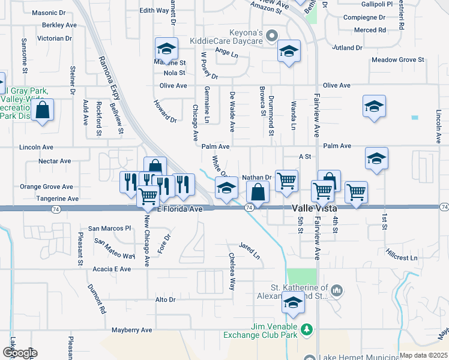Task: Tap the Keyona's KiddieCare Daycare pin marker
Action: [272, 35]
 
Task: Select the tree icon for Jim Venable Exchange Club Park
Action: [307, 329]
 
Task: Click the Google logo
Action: [20, 353]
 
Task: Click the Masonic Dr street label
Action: [48, 12]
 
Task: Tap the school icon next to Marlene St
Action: [167, 49]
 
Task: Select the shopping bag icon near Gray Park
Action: [42, 110]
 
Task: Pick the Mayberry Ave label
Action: [132, 330]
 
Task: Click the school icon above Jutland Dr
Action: [289, 52]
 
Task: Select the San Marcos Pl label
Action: [109, 228]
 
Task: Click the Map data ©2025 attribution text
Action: [423, 355]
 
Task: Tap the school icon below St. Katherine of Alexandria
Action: [293, 304]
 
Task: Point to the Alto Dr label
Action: [165, 299]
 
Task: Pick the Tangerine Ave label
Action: [57, 199]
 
